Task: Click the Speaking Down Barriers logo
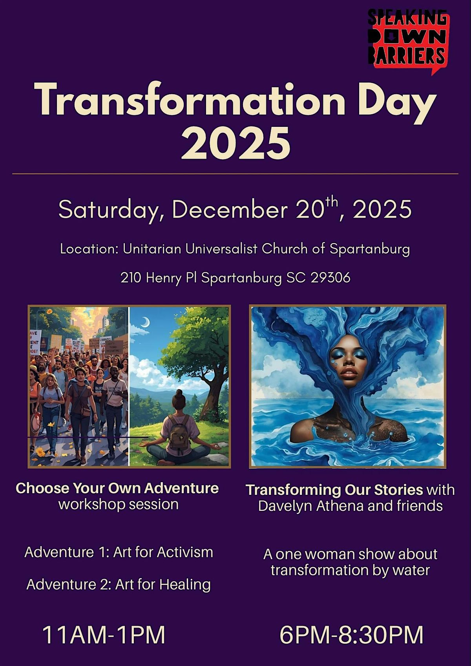[408, 39]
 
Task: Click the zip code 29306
[330, 278]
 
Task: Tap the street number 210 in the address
[131, 278]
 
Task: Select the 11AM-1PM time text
[104, 635]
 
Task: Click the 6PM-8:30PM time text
[352, 635]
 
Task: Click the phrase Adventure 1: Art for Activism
[119, 552]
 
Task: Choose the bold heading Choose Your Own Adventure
[117, 488]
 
